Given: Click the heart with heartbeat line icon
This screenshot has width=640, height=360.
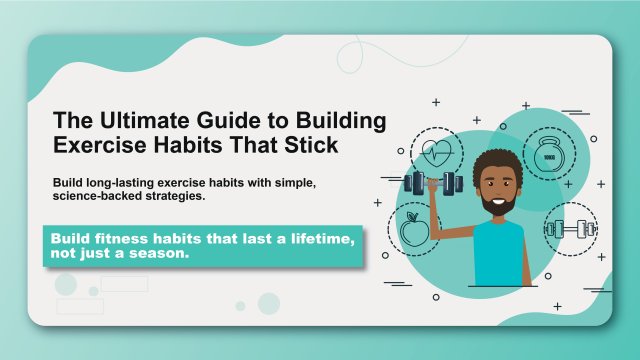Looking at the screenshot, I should coord(438,154).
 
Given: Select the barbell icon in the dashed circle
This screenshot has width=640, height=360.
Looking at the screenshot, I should coord(571,230).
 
